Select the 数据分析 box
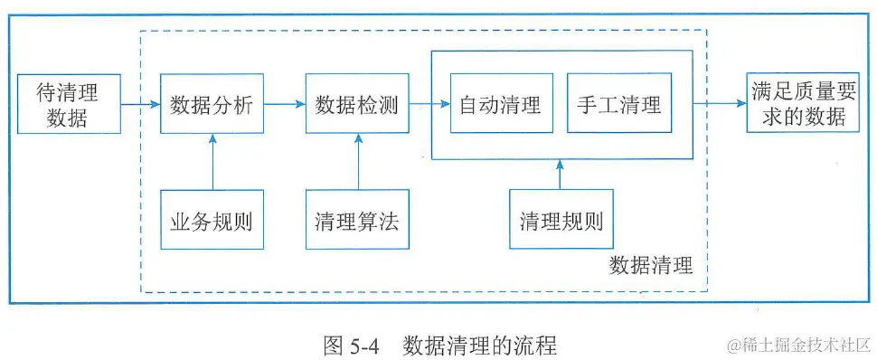(x=212, y=104)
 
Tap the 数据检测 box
(x=357, y=104)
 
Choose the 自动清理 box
(x=501, y=104)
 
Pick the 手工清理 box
(x=619, y=104)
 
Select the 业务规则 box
(x=212, y=220)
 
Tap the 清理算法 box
(x=357, y=220)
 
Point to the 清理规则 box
(x=561, y=220)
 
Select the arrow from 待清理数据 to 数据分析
(x=140, y=104)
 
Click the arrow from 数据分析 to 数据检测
(x=285, y=104)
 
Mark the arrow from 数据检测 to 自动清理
(x=429, y=104)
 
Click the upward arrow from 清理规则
(x=561, y=175)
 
